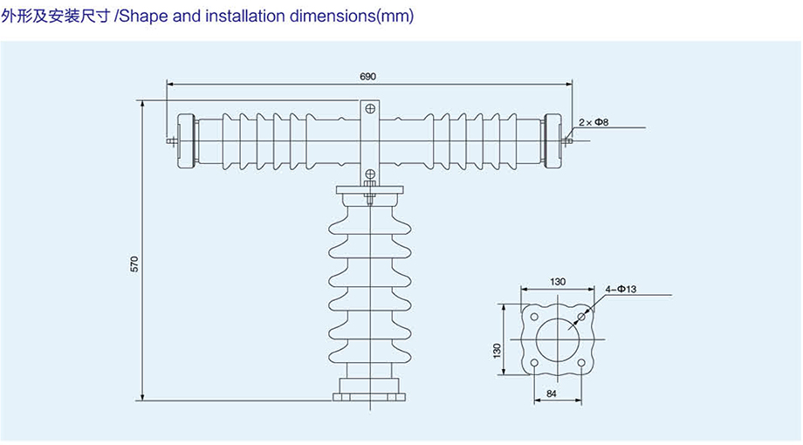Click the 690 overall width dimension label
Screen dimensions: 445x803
pyautogui.click(x=367, y=77)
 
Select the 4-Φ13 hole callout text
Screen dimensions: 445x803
pyautogui.click(x=621, y=289)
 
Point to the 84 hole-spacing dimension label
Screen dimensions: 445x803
pyautogui.click(x=552, y=394)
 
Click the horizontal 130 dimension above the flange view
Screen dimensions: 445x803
pyautogui.click(x=558, y=281)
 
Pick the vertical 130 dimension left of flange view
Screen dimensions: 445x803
pyautogui.click(x=498, y=350)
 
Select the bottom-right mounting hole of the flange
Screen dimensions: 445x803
pyautogui.click(x=581, y=362)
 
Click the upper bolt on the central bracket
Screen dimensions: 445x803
pyautogui.click(x=370, y=109)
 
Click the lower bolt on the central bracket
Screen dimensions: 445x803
pyautogui.click(x=370, y=175)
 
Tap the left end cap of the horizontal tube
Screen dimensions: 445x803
pyautogui.click(x=185, y=139)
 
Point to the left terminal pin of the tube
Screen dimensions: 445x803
pyautogui.click(x=169, y=139)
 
